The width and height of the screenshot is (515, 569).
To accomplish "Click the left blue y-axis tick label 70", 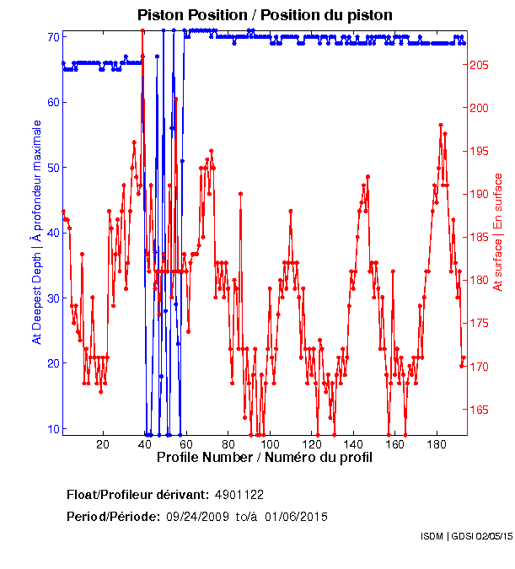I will pyautogui.click(x=52, y=37).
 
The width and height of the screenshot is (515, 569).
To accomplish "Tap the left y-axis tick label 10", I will pyautogui.click(x=52, y=428).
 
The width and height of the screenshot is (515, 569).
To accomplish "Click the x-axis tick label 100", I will pyautogui.click(x=270, y=444).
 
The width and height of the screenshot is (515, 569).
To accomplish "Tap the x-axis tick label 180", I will pyautogui.click(x=437, y=444).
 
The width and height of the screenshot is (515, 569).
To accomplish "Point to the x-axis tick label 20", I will pyautogui.click(x=103, y=444).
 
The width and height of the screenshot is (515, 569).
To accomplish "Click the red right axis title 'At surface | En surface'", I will pyautogui.click(x=498, y=233).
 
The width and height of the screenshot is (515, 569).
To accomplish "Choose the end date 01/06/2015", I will pyautogui.click(x=297, y=517).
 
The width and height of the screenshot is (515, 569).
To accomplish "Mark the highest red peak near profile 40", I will pyautogui.click(x=142, y=30).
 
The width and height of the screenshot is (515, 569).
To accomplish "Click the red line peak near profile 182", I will pyautogui.click(x=441, y=125).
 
